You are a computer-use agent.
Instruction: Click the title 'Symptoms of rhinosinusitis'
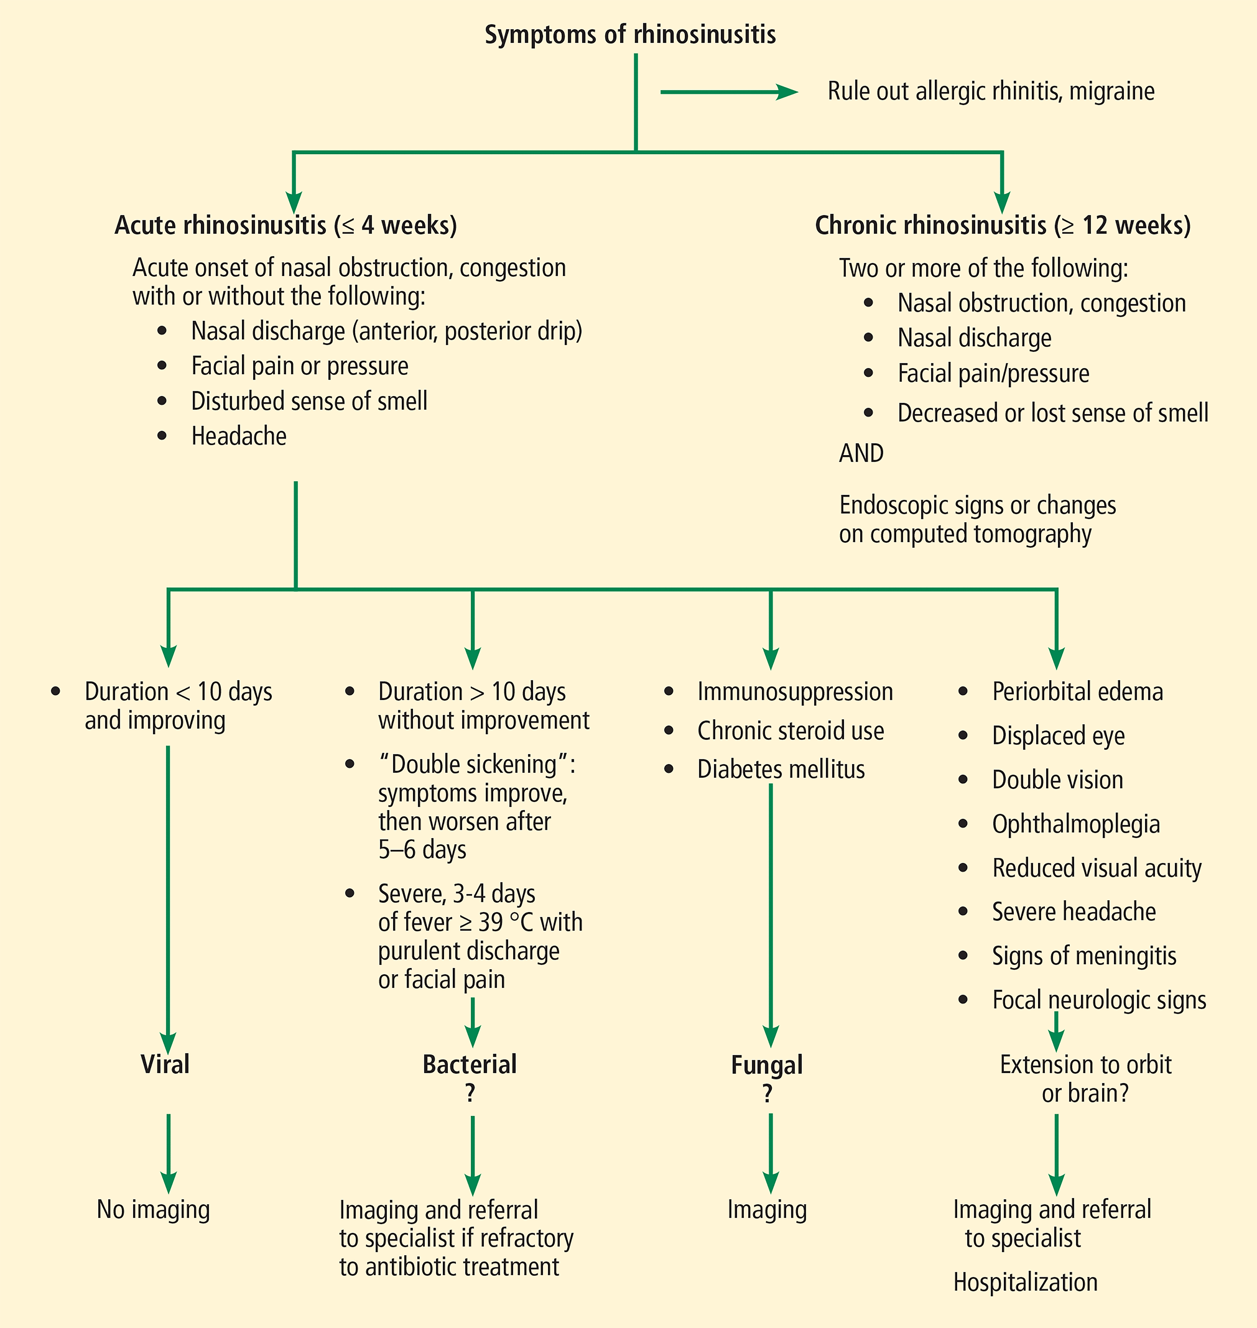pyautogui.click(x=630, y=35)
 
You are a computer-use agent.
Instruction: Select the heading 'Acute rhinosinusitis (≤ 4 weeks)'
pyautogui.click(x=285, y=225)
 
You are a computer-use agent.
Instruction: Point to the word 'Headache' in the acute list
pyautogui.click(x=239, y=436)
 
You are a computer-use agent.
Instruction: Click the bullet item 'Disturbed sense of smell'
pyautogui.click(x=309, y=401)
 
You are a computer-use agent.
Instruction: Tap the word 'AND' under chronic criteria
pyautogui.click(x=861, y=453)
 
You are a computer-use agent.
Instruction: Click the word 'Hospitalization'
pyautogui.click(x=1025, y=1282)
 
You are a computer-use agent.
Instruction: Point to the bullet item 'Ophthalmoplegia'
pyautogui.click(x=1075, y=824)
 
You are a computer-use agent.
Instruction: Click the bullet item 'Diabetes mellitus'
pyautogui.click(x=780, y=769)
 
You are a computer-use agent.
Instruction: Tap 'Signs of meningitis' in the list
pyautogui.click(x=1084, y=956)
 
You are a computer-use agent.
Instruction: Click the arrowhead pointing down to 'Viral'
pyautogui.click(x=168, y=1043)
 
